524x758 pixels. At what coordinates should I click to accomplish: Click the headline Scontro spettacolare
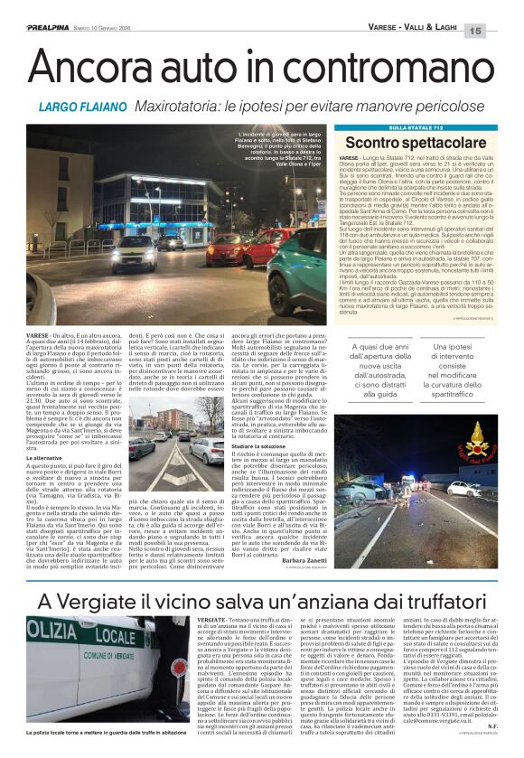403,144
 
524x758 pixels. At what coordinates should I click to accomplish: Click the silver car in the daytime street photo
144,449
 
